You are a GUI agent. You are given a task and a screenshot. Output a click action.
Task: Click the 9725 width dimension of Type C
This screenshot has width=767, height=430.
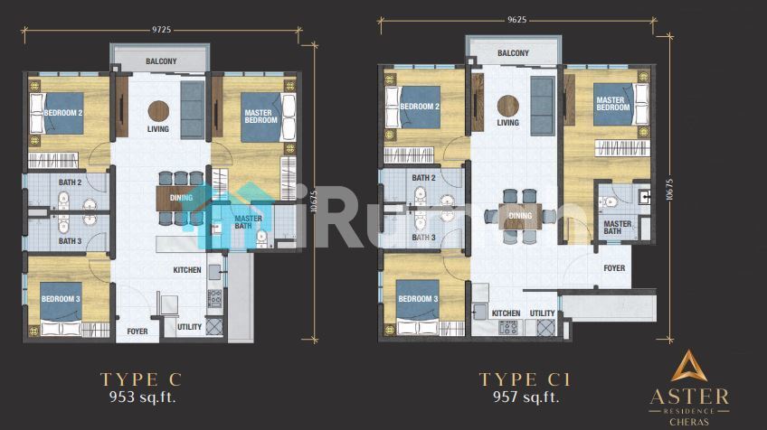[x=161, y=30]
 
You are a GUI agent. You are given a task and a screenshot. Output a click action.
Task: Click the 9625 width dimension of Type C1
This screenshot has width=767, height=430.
[x=516, y=20]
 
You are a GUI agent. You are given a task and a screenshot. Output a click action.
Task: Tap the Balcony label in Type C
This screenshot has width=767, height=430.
[x=161, y=61]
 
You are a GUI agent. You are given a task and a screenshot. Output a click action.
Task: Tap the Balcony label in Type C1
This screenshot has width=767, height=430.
[x=513, y=52]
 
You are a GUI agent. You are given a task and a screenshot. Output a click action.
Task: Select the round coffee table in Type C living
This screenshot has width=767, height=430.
[x=158, y=111]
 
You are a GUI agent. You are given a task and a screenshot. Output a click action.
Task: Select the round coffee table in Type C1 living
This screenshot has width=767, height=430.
[x=507, y=106]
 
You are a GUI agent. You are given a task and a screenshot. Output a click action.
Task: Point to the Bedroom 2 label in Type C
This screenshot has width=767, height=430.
[x=63, y=113]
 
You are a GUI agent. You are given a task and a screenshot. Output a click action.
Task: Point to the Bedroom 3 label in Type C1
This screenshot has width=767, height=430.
[x=418, y=298]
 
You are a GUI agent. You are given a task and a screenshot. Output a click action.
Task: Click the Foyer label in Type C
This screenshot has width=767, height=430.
[x=137, y=332]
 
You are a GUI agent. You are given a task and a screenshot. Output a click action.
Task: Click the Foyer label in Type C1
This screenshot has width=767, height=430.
[x=614, y=268]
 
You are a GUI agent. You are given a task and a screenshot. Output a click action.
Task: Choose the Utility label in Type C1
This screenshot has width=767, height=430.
[x=542, y=313]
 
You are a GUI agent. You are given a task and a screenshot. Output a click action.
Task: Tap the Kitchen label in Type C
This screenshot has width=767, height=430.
[x=187, y=270]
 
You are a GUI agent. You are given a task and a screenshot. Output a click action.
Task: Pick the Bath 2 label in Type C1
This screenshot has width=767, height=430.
[x=423, y=178]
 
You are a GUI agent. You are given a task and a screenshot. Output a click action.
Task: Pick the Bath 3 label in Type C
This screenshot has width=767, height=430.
[x=70, y=241]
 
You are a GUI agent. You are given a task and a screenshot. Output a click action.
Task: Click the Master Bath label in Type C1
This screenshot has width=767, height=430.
[x=617, y=228]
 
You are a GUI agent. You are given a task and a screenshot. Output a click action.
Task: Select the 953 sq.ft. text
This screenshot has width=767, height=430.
[x=142, y=397]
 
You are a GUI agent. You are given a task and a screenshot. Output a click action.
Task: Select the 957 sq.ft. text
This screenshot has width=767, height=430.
[x=526, y=397]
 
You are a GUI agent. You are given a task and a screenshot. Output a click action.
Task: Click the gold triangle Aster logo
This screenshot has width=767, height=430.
[x=688, y=366]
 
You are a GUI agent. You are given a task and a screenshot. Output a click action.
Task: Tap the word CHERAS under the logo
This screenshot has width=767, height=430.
[x=688, y=422]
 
